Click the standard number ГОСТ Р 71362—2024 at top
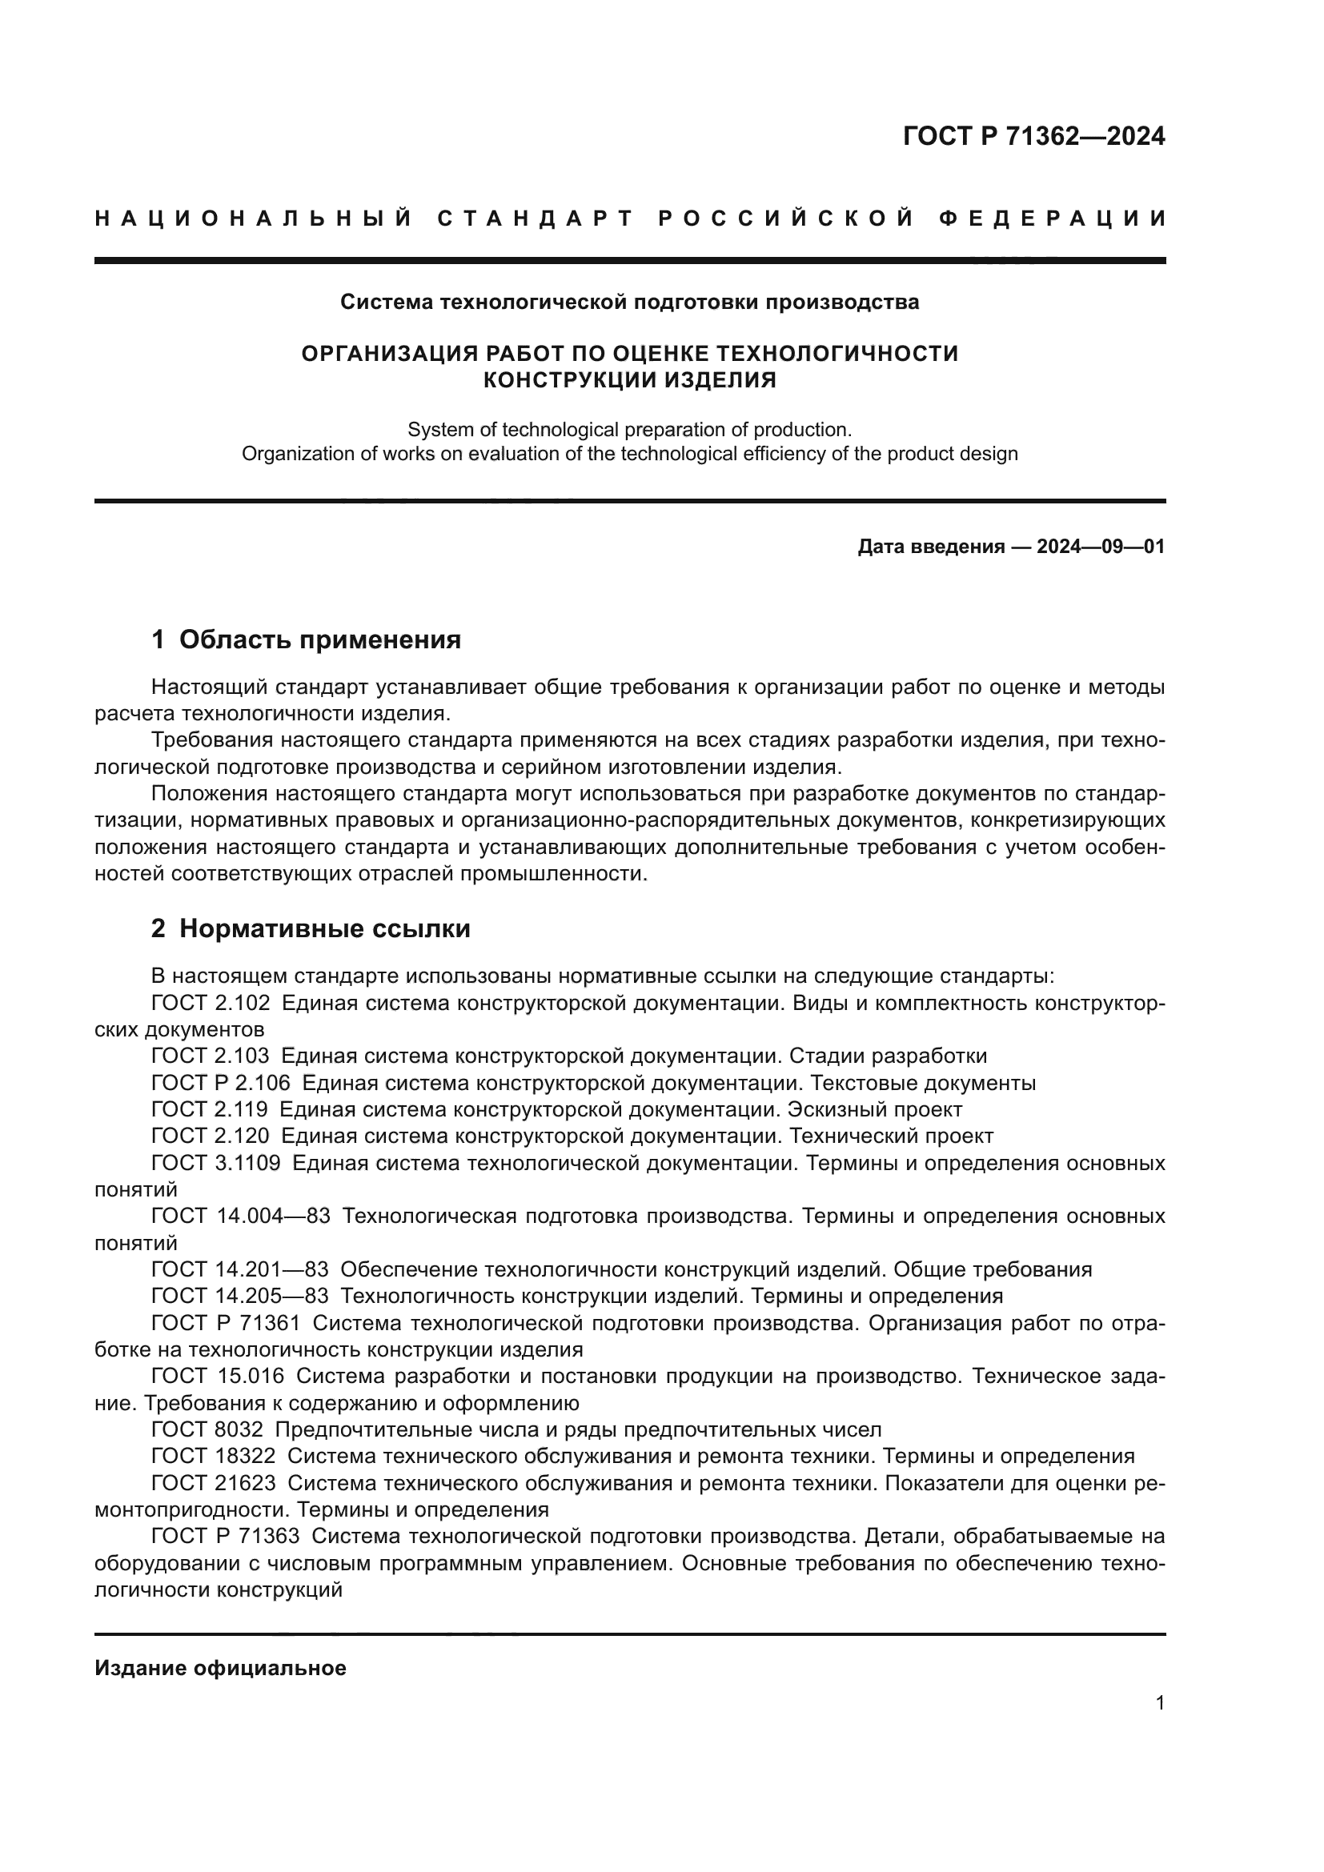pos(1033,136)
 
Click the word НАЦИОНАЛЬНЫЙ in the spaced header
pos(254,219)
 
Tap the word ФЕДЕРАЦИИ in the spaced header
pos(1052,219)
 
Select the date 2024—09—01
pos(1101,547)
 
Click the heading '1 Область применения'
pos(306,640)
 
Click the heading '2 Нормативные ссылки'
pos(311,928)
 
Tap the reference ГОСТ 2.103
pos(211,1056)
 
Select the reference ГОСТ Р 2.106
pos(221,1084)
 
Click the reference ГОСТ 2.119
pos(210,1109)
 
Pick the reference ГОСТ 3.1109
pos(216,1164)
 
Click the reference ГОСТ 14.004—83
pos(240,1217)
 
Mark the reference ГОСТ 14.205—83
pos(239,1296)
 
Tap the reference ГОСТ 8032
pos(207,1429)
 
